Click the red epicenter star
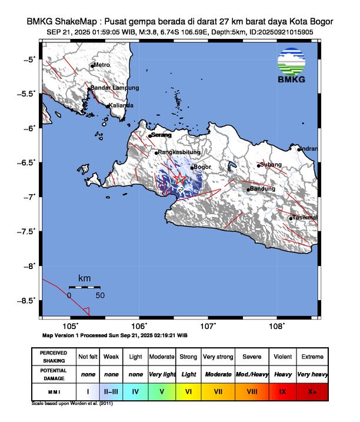pos(180,178)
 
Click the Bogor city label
pos(202,167)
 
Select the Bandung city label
pos(263,189)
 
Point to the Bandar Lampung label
pos(115,88)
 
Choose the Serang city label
pos(161,135)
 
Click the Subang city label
pos(271,164)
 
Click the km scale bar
pos(84,287)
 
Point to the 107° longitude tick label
pos(208,325)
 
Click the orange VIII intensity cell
pos(251,391)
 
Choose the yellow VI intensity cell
pos(188,391)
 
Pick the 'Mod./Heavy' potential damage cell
pos(251,374)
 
